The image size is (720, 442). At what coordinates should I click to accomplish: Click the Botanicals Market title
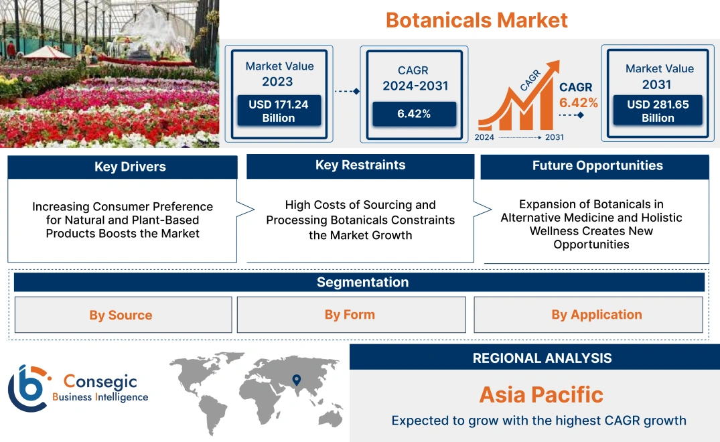coord(476,20)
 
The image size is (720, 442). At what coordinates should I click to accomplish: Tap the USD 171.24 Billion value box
coord(278,110)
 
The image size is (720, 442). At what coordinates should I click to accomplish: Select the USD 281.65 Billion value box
coord(658,110)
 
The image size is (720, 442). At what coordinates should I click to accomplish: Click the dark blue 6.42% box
coord(414,114)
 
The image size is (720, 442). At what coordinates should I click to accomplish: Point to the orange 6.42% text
coord(579,102)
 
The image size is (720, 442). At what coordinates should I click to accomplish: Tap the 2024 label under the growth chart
coord(486,137)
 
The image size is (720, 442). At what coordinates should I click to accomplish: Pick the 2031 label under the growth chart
coord(555,137)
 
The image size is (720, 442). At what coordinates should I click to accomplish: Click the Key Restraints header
coord(360,165)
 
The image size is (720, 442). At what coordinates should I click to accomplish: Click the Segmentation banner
coord(362,282)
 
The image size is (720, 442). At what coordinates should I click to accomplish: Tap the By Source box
coord(121,315)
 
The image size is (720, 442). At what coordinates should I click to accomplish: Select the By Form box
coord(350,315)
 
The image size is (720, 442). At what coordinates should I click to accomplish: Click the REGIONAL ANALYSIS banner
coord(542,358)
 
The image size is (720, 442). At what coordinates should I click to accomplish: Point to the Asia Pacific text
coord(541,394)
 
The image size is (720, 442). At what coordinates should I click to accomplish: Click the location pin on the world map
coord(295,381)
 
